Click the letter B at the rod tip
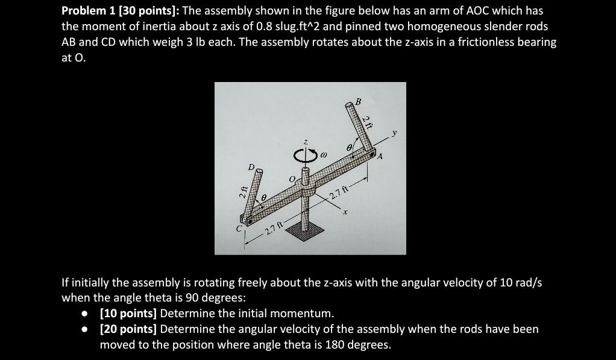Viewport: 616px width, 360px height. coord(358,102)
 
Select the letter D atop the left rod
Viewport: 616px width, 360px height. coord(251,166)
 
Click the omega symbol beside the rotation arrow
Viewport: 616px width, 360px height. coord(323,156)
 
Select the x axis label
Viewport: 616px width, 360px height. coord(345,212)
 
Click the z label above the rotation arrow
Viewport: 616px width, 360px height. coord(306,142)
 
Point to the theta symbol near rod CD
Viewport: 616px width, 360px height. coord(263,197)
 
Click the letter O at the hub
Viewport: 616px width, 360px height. coord(293,179)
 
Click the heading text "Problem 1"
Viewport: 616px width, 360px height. coord(89,11)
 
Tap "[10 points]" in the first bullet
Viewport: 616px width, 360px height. coord(128,313)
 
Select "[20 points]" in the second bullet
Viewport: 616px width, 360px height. coord(128,329)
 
